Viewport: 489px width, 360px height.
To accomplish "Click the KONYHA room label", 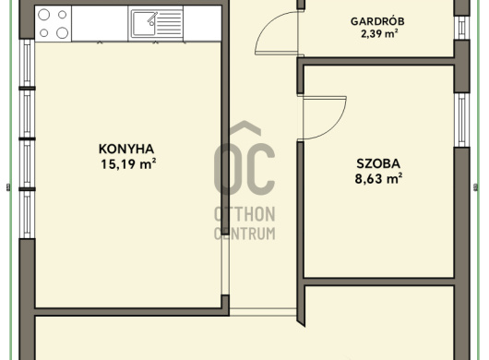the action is click(126, 150).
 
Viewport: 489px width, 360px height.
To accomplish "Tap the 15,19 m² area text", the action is click(128, 164).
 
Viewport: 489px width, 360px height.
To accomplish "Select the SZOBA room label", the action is click(378, 163).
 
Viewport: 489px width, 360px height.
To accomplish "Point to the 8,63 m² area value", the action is click(378, 179).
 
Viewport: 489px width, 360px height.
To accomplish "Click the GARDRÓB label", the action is click(377, 21).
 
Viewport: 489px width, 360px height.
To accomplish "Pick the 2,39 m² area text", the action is click(379, 33).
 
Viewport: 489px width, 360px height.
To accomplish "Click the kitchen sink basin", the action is click(144, 23).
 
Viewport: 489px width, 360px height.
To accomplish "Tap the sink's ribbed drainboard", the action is click(169, 23).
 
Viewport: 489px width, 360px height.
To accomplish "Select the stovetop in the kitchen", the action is click(54, 23).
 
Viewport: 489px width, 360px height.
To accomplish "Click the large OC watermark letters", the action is click(244, 169).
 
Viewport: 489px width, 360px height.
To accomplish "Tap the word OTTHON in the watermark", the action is click(244, 214).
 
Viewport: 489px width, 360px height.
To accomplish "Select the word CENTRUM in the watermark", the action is click(244, 234).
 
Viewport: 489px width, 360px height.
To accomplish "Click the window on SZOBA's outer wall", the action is click(462, 120).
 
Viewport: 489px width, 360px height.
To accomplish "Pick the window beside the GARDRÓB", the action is click(462, 28).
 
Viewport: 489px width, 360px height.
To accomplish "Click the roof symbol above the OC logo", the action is click(245, 128).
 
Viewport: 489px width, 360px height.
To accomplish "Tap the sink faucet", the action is click(152, 18).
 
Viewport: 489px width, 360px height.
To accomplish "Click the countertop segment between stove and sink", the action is click(100, 23).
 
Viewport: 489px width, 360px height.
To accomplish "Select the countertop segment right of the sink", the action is click(202, 23).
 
